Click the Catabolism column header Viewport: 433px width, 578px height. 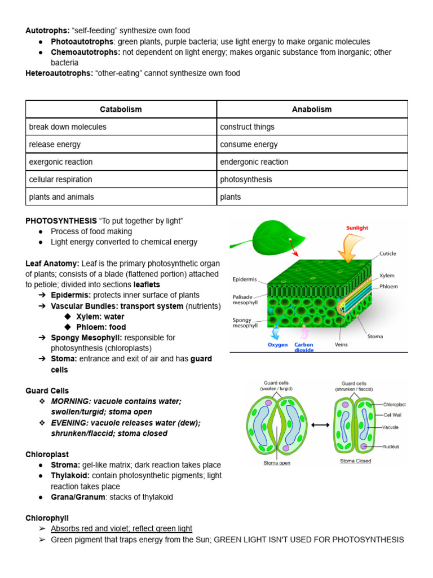click(121, 109)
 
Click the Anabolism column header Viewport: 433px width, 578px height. click(312, 109)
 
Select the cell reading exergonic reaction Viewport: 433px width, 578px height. click(61, 162)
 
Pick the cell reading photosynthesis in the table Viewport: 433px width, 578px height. click(246, 179)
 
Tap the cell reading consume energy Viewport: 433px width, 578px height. click(249, 144)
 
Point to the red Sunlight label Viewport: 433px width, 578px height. click(357, 228)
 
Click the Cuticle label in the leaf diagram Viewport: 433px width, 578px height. click(387, 254)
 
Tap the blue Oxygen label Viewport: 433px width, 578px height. click(277, 345)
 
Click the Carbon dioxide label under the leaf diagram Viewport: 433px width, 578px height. click(304, 347)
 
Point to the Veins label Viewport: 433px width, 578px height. click(341, 344)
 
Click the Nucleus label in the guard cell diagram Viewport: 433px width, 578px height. click(391, 446)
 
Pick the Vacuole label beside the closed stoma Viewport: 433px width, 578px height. click(391, 427)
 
